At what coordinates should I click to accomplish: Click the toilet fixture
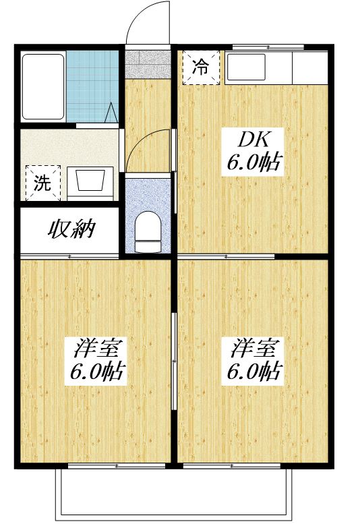147,228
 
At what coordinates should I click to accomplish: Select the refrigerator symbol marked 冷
201,67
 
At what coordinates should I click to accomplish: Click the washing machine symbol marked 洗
42,182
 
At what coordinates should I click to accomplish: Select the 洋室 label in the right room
254,349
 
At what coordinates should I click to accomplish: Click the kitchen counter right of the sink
309,67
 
